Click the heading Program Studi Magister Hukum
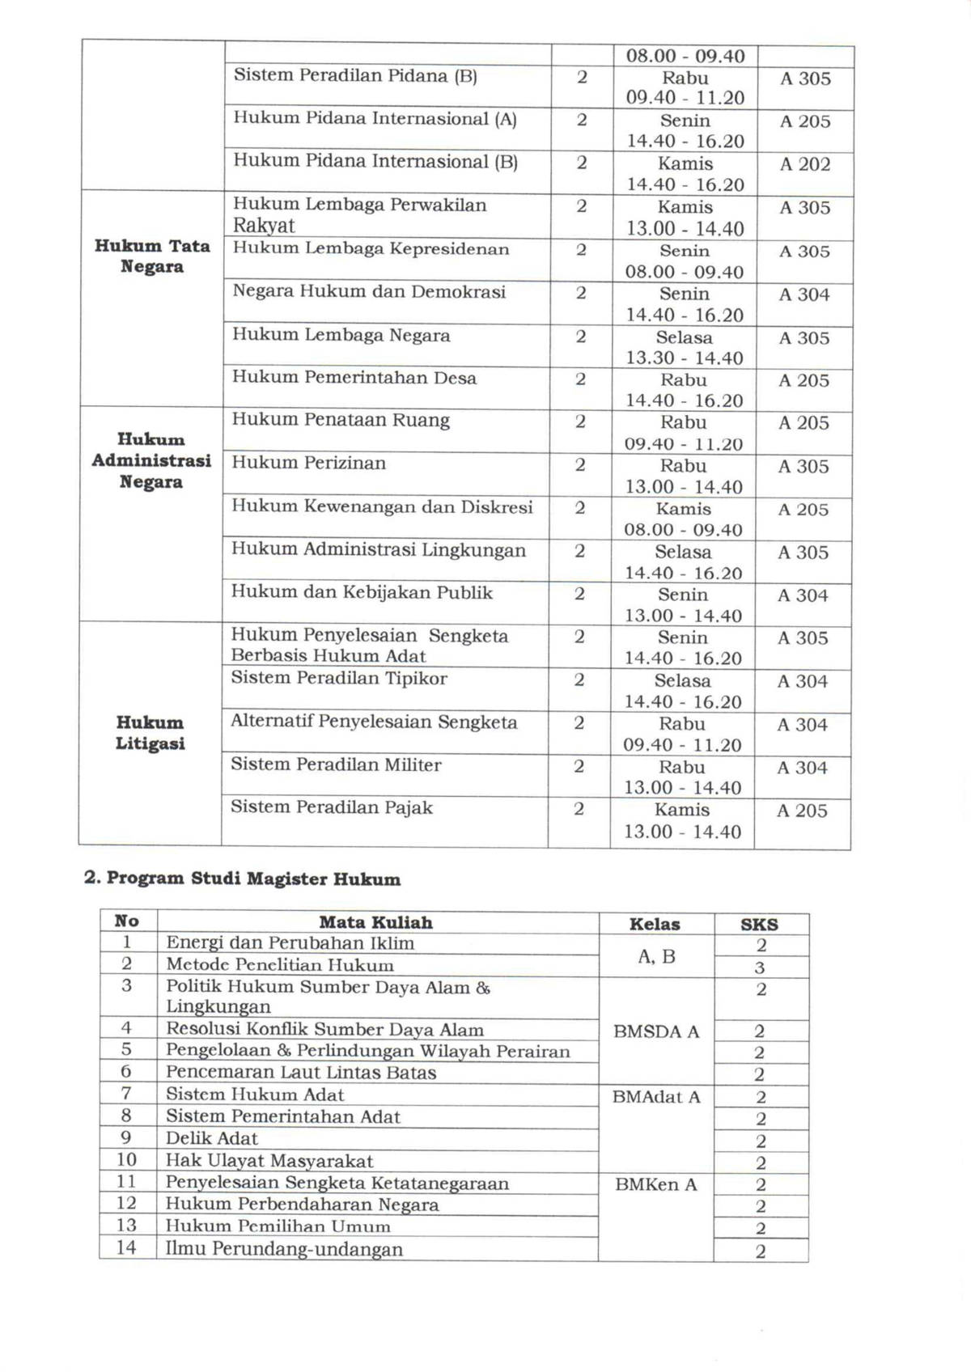[243, 879]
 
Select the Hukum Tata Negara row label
[152, 256]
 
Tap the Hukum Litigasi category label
[150, 733]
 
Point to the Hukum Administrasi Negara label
[151, 460]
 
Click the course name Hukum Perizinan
[309, 464]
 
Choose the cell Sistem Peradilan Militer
[336, 764]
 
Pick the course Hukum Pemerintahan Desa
[354, 378]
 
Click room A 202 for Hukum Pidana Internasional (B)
[805, 164]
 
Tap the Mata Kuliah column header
[375, 922]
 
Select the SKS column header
[759, 924]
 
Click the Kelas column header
[655, 924]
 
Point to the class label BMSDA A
[656, 1031]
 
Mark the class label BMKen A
[655, 1184]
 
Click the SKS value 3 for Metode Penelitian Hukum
[760, 968]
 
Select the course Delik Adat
[212, 1138]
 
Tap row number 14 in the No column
[126, 1247]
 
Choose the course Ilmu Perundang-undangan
[284, 1249]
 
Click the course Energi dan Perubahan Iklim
[290, 942]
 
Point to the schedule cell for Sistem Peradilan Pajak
[682, 820]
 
